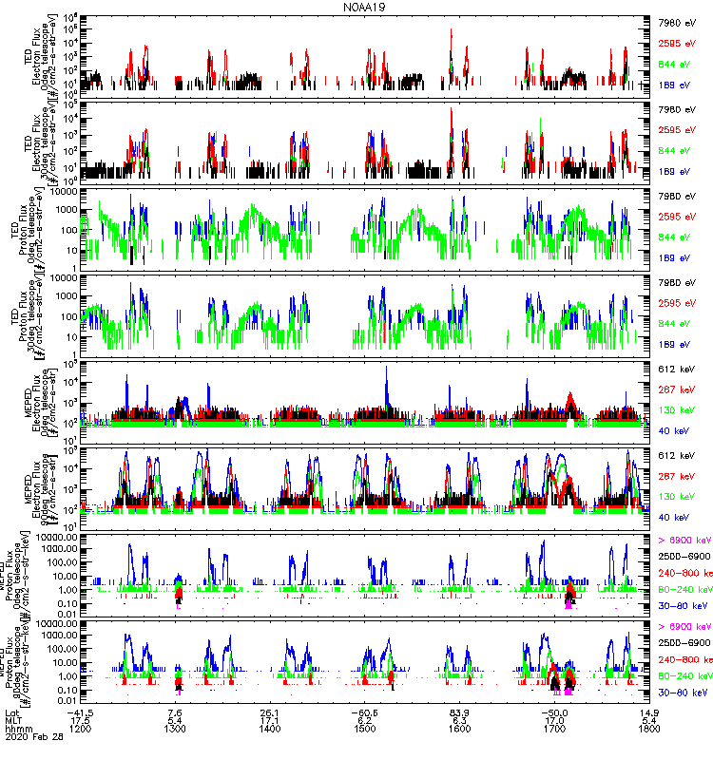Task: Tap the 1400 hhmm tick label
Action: click(270, 729)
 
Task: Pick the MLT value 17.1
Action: click(270, 720)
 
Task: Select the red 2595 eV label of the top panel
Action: click(684, 44)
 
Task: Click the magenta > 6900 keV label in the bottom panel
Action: click(684, 628)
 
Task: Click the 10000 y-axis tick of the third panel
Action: click(67, 191)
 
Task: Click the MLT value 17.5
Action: click(80, 720)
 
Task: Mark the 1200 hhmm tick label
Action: click(80, 729)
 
